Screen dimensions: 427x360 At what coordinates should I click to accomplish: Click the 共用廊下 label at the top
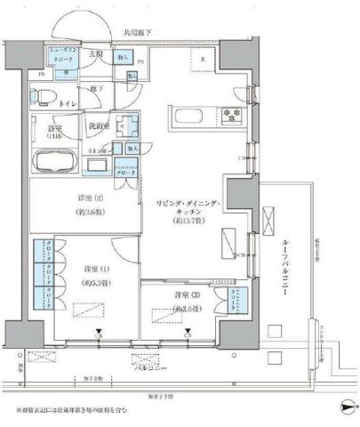[x=135, y=34]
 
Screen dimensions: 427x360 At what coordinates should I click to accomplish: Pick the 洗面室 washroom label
[x=99, y=125]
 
